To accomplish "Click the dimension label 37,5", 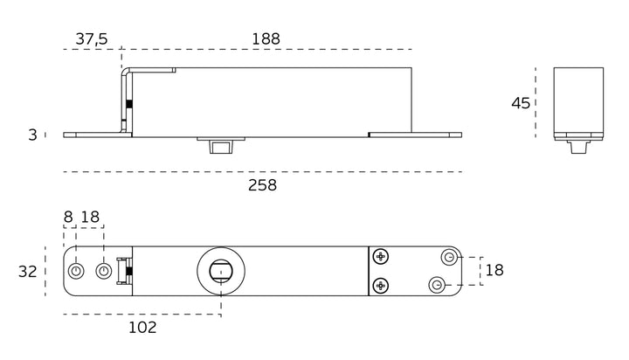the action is coord(92,39).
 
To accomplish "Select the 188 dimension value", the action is coord(266,39).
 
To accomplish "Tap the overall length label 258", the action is coord(262,185).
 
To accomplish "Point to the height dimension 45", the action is coord(521,104).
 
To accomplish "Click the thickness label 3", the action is coord(32,135).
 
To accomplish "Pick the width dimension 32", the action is coord(27,272).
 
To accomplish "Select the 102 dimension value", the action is coord(142,328).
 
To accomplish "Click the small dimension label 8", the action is coord(68,217).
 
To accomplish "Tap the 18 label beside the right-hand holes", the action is coord(494,271).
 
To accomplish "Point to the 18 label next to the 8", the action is coord(90,217).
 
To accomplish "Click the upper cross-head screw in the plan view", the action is coord(380,256).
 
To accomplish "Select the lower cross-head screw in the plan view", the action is coord(380,286).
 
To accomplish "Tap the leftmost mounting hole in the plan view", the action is coord(75,271).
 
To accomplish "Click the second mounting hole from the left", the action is coord(103,271).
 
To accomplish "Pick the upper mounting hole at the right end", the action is coord(449,257).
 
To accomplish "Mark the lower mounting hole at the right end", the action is coord(437,286).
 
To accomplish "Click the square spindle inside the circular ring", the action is coord(221,271).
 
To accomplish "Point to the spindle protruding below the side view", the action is coord(221,146).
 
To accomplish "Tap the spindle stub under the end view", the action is coord(578,147).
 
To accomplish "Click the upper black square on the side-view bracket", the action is coord(129,104).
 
